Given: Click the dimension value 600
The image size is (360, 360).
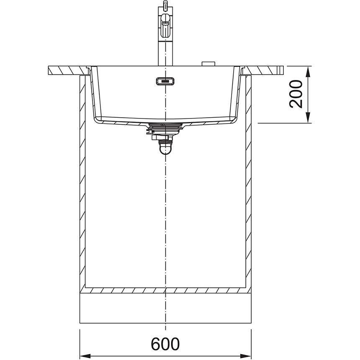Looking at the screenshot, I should click(x=165, y=344).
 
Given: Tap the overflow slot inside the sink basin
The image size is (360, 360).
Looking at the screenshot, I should click(x=165, y=81).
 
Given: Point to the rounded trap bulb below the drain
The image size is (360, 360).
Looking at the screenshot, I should click(x=166, y=148).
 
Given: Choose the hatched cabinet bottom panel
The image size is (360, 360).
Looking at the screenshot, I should click(x=165, y=290).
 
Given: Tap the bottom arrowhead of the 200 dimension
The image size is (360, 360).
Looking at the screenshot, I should click(x=309, y=119).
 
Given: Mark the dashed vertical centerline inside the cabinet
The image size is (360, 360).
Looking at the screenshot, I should click(x=166, y=218).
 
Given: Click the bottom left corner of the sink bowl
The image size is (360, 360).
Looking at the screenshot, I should click(x=96, y=120).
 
